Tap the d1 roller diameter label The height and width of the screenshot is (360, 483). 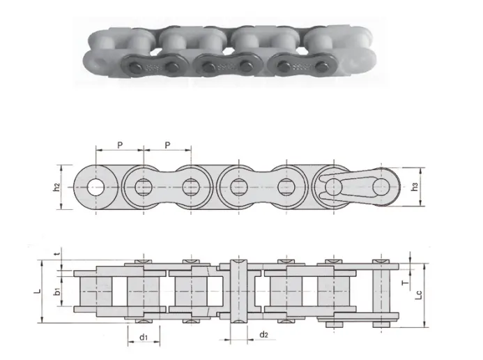[142, 338]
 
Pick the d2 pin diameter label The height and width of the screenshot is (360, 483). [263, 336]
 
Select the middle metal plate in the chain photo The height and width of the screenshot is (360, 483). [225, 66]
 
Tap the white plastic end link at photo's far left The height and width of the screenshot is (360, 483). [98, 59]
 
